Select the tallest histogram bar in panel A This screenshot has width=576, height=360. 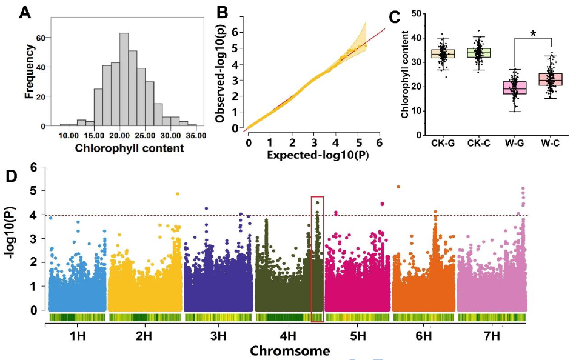[x=124, y=79]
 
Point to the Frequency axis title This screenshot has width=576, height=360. [x=28, y=70]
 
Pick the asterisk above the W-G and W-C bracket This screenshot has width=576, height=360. [x=533, y=35]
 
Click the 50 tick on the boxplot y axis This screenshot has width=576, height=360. [x=414, y=13]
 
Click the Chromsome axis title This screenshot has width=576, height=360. [x=290, y=351]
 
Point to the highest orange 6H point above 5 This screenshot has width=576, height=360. [x=398, y=187]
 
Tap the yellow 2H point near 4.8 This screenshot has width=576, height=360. [x=178, y=194]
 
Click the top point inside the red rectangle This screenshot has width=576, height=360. [x=317, y=202]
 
